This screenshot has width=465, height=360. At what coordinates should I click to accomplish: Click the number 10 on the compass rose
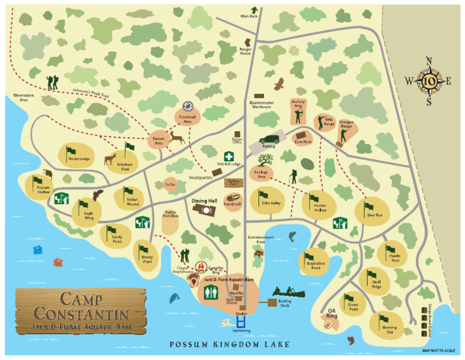[x=429, y=81]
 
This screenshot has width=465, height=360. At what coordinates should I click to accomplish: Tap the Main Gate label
[x=249, y=16]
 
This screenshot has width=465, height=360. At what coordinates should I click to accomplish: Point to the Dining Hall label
[x=204, y=200]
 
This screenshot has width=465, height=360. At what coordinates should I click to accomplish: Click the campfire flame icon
[x=200, y=266]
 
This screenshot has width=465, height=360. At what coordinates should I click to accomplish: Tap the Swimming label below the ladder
[x=241, y=330]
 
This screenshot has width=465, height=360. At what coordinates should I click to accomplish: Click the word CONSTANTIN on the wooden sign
[x=81, y=314]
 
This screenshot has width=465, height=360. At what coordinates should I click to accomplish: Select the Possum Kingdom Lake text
[x=229, y=345]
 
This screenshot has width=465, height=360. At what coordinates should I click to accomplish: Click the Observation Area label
[x=24, y=98]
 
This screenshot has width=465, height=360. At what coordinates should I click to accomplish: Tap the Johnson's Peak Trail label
[x=90, y=93]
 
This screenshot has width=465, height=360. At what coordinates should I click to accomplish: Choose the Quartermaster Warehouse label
[x=262, y=104]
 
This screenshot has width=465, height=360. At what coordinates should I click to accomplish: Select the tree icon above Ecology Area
[x=265, y=160]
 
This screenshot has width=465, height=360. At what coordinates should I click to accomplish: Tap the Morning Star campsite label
[x=389, y=330]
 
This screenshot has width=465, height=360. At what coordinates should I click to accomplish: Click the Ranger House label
[x=245, y=52]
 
